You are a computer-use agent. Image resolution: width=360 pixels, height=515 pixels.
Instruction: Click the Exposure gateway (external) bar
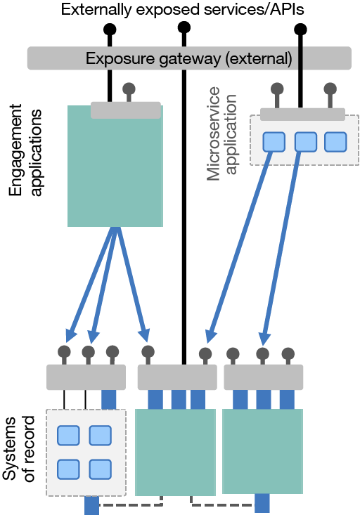(x=189, y=58)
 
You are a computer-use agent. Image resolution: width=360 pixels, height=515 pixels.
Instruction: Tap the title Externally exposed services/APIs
(x=183, y=9)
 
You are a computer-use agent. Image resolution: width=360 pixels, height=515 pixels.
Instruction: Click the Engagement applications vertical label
(x=25, y=150)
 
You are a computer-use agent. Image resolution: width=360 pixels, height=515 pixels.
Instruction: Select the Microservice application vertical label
(x=221, y=133)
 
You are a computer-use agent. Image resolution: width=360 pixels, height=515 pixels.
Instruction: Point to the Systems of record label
(x=18, y=448)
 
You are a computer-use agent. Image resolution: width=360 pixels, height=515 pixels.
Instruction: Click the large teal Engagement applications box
(x=115, y=166)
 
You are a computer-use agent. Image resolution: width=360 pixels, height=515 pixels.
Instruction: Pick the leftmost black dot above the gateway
(x=110, y=30)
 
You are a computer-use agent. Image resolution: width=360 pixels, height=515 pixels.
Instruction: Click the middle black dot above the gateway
(x=184, y=27)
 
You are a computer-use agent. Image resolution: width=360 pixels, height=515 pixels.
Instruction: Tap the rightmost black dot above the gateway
(x=300, y=30)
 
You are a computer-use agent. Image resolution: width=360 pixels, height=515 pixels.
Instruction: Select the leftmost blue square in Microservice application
(x=274, y=142)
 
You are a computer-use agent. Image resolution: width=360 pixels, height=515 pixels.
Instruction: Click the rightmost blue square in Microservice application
(x=335, y=142)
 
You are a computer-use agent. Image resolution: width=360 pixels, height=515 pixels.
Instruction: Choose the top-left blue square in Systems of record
(x=68, y=436)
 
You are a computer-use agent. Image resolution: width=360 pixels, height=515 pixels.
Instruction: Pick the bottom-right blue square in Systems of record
(x=101, y=469)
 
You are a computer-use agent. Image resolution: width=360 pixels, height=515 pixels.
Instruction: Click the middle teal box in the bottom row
(x=176, y=452)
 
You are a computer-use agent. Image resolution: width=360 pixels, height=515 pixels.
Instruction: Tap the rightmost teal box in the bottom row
(x=263, y=451)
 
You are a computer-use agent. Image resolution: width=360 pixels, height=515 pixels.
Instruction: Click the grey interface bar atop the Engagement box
(x=126, y=110)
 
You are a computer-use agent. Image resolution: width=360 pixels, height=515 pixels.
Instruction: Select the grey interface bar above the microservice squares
(x=302, y=115)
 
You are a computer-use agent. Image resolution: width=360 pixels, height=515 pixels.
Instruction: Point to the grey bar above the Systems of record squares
(x=86, y=377)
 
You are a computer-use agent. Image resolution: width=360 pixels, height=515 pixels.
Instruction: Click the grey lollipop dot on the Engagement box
(x=129, y=89)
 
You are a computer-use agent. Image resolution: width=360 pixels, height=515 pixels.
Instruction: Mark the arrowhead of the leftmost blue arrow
(x=70, y=335)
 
